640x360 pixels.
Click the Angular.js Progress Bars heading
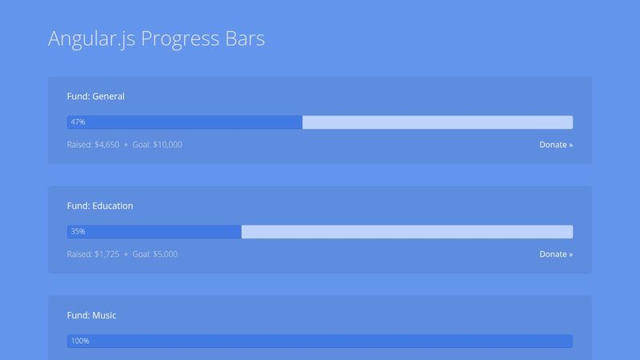click(x=156, y=38)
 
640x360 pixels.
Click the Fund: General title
click(x=96, y=96)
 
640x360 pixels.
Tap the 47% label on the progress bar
click(x=78, y=122)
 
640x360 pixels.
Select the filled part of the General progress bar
click(x=192, y=122)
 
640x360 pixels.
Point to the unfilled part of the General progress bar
click(x=437, y=122)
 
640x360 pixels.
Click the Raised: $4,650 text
click(x=93, y=145)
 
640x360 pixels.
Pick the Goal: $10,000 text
click(x=158, y=145)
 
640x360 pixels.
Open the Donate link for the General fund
click(x=556, y=145)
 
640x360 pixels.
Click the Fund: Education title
click(x=100, y=206)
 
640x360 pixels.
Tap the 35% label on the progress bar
click(x=78, y=232)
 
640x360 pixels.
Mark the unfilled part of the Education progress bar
click(x=406, y=232)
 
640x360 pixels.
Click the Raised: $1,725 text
click(x=93, y=254)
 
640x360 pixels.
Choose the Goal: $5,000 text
click(x=155, y=254)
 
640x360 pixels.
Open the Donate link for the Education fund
click(x=556, y=254)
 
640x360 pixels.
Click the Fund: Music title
click(x=92, y=315)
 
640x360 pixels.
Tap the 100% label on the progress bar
click(x=80, y=342)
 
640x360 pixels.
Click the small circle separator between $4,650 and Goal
click(x=126, y=146)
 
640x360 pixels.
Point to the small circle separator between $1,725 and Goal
click(x=126, y=255)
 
